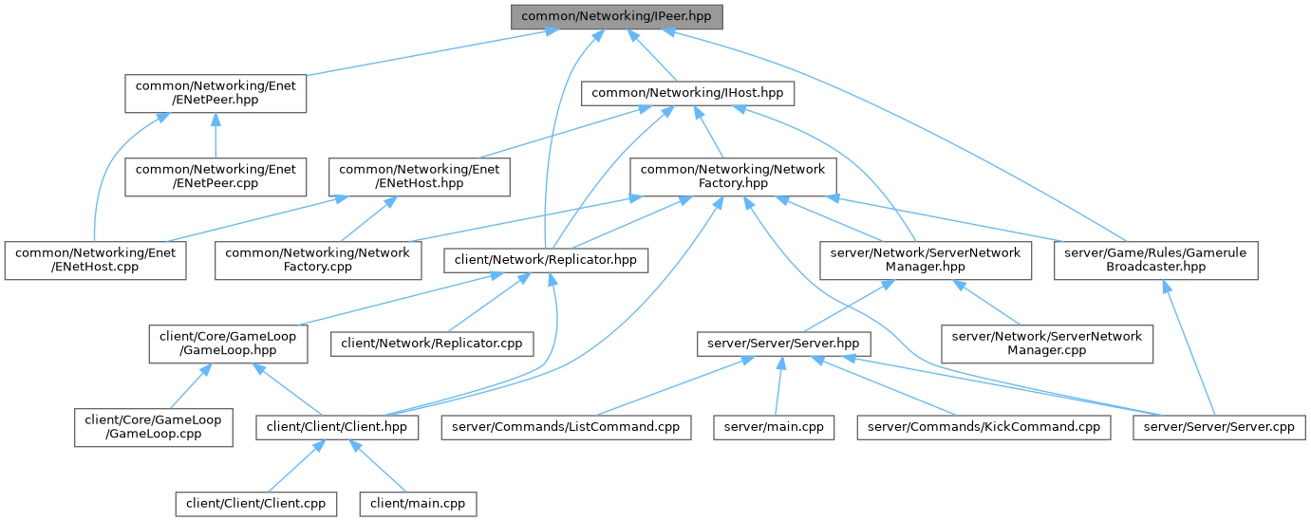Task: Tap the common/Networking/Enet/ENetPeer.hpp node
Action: [x=216, y=93]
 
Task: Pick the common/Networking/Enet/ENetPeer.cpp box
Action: [x=215, y=176]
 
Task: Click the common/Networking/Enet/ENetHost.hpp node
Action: [x=420, y=176]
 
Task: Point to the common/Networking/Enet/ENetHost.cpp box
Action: [x=94, y=259]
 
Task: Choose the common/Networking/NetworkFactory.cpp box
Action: [x=318, y=259]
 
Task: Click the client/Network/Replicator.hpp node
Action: [x=548, y=259]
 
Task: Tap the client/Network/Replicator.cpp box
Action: [x=431, y=342]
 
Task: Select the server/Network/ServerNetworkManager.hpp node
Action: [x=926, y=259]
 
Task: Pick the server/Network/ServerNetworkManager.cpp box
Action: [x=1046, y=343]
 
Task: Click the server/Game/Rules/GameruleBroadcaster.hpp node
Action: [x=1155, y=259]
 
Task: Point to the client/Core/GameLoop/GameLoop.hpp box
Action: [x=226, y=343]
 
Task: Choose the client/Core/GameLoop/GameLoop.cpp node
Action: [x=154, y=426]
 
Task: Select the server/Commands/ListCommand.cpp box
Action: [x=566, y=428]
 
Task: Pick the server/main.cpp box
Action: [x=774, y=428]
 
